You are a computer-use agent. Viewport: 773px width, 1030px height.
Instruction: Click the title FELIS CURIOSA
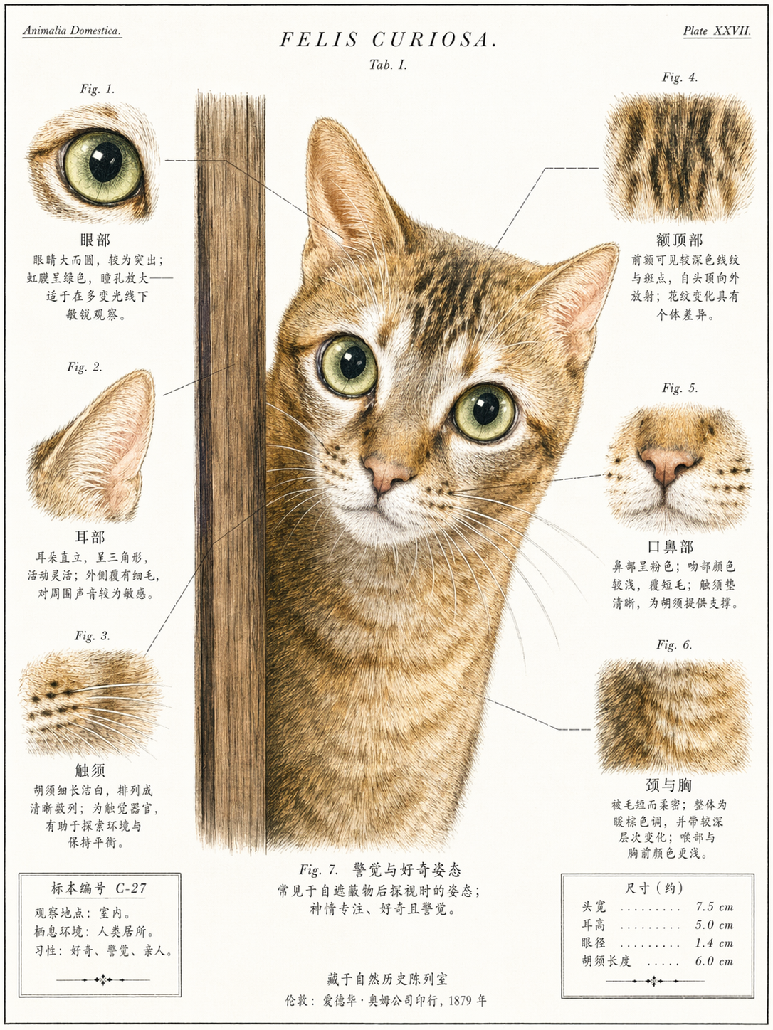click(388, 40)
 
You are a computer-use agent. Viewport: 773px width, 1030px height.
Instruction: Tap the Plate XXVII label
click(717, 31)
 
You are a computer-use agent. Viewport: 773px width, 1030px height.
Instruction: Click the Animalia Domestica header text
click(72, 31)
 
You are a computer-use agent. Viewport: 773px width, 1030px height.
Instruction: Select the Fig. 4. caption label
click(680, 78)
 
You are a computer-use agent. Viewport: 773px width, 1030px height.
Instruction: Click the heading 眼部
click(95, 240)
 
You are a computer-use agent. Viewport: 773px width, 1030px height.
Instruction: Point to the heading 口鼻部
click(671, 546)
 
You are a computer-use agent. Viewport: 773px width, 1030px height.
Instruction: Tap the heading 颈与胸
click(668, 785)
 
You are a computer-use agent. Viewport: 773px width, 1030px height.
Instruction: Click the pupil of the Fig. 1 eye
click(105, 162)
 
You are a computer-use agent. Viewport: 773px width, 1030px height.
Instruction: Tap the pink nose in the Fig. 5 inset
click(666, 464)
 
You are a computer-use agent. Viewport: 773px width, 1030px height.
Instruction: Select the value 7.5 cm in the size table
click(715, 907)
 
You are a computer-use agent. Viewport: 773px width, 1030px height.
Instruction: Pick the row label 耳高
click(594, 925)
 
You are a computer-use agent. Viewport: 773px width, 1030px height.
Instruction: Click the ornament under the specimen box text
click(102, 979)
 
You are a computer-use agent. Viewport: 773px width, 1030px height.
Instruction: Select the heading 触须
click(90, 770)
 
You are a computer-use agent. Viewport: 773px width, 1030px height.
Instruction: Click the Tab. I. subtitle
click(388, 65)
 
